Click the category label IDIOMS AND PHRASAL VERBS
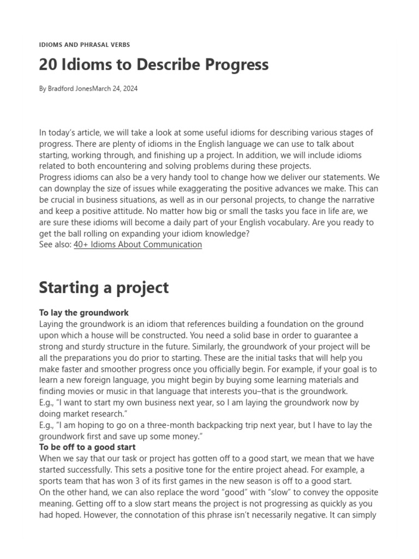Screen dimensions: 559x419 (x=85, y=45)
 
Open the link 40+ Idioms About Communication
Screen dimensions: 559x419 (x=137, y=245)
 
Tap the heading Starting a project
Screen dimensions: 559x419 (x=104, y=288)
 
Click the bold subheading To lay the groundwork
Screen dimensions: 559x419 (x=84, y=313)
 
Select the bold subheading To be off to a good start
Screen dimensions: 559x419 (x=87, y=447)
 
